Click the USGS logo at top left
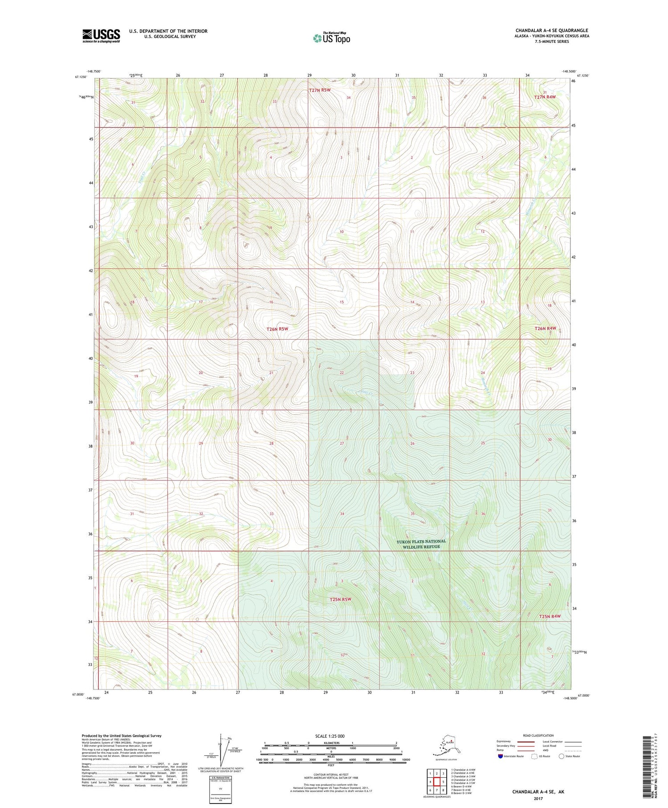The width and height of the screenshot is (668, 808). pyautogui.click(x=101, y=36)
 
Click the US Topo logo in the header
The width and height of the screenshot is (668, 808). pyautogui.click(x=331, y=38)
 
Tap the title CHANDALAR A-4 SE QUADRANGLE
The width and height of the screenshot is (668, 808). pyautogui.click(x=552, y=30)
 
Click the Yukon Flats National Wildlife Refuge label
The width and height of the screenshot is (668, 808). pyautogui.click(x=421, y=544)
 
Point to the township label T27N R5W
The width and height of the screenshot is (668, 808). pyautogui.click(x=320, y=90)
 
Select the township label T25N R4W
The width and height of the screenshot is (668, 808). pyautogui.click(x=549, y=616)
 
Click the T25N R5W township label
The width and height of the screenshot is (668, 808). pyautogui.click(x=341, y=599)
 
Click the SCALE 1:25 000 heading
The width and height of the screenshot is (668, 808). pyautogui.click(x=330, y=736)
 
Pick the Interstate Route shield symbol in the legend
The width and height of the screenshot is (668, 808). pyautogui.click(x=500, y=756)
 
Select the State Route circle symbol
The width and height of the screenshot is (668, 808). pyautogui.click(x=562, y=756)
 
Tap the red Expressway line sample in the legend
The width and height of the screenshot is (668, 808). pyautogui.click(x=528, y=742)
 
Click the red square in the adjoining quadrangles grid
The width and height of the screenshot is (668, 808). pyautogui.click(x=437, y=781)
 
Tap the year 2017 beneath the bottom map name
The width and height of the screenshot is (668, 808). pyautogui.click(x=538, y=798)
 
